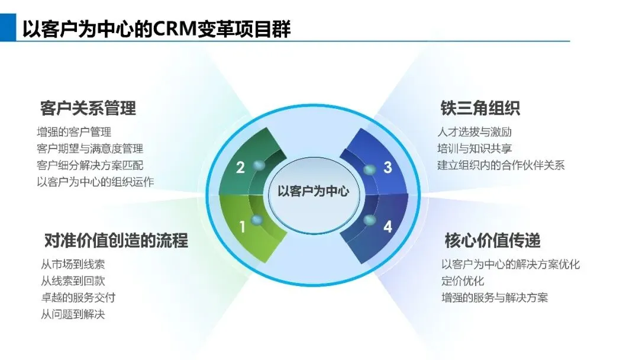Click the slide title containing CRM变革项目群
click(156, 28)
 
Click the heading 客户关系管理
click(88, 108)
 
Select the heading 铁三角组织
click(480, 108)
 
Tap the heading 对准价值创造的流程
click(116, 240)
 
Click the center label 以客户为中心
click(313, 191)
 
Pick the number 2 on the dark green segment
click(240, 168)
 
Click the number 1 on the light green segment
click(242, 226)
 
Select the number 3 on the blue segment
click(388, 168)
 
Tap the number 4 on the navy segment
click(387, 226)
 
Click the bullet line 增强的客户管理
click(73, 132)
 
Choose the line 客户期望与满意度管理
click(89, 149)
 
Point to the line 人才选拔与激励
click(475, 132)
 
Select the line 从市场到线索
click(73, 265)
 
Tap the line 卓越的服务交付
click(78, 298)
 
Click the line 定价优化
click(463, 281)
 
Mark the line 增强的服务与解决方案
click(495, 297)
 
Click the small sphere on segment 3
click(369, 169)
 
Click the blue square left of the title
click(8, 28)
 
